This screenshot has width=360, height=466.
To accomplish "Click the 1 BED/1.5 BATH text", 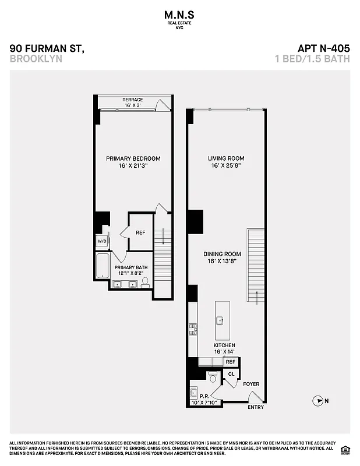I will click(312, 59).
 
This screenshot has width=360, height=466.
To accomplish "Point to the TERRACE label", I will click(133, 100).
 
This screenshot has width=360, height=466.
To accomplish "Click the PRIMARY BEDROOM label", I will click(133, 158).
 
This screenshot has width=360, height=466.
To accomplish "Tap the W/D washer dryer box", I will click(102, 241).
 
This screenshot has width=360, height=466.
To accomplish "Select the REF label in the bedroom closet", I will click(140, 232).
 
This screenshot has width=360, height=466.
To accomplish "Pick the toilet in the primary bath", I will click(145, 282).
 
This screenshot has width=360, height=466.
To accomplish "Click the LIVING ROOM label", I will click(226, 158).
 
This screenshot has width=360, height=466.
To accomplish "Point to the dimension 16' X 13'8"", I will click(222, 262).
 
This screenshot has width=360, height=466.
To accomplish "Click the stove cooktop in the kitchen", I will click(192, 330).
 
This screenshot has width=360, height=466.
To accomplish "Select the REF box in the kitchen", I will click(231, 362).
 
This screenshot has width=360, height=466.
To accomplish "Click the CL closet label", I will click(231, 374).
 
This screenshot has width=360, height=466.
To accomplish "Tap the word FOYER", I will click(251, 384).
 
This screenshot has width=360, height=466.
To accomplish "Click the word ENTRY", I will click(256, 407).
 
